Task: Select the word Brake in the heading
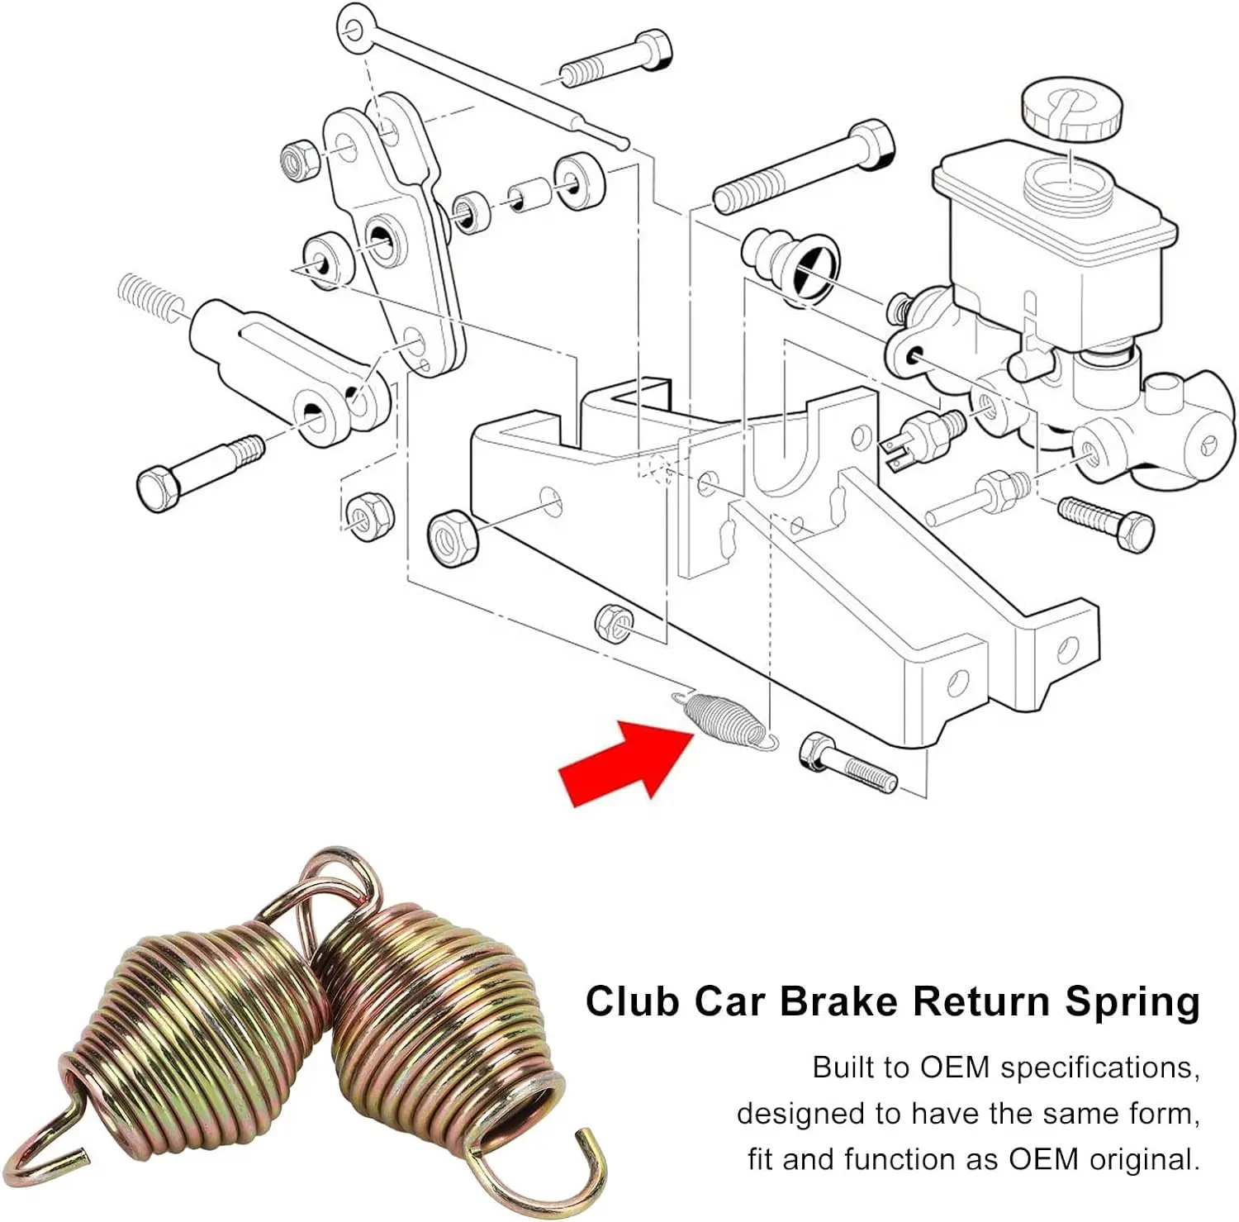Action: pyautogui.click(x=838, y=1001)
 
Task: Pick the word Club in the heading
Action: pyautogui.click(x=632, y=1001)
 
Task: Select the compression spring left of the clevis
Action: pyautogui.click(x=149, y=296)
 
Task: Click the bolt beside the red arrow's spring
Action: pyautogui.click(x=847, y=762)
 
